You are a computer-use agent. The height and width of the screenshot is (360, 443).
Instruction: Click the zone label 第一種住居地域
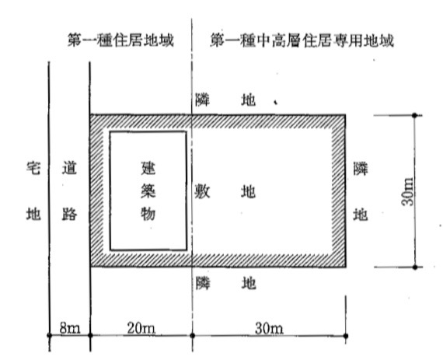pos(120,40)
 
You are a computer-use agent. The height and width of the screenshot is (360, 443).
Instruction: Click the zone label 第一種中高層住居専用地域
pos(302,40)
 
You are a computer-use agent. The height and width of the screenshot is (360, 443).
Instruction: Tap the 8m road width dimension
pos(70,328)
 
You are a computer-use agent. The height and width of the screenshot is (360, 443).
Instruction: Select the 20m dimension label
pos(141,328)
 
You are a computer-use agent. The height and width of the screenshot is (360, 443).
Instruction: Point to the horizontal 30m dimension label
pos(269,328)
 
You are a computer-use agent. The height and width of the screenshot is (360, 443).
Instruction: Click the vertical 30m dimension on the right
pos(407,191)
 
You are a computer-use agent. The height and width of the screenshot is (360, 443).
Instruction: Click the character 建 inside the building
pos(148,169)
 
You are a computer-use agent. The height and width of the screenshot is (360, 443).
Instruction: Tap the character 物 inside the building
pos(148,214)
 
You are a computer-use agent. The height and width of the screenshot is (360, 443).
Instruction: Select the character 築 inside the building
pos(148,191)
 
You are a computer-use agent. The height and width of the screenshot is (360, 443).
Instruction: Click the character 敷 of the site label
pos(202,192)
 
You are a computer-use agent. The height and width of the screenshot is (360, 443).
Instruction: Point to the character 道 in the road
pos(69,169)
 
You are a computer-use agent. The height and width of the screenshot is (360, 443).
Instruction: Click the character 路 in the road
pos(69,214)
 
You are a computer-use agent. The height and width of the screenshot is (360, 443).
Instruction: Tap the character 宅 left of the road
pos(33,169)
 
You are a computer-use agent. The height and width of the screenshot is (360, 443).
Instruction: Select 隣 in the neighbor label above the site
pos(203,100)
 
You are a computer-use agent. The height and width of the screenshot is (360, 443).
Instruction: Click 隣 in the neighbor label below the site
pos(203,283)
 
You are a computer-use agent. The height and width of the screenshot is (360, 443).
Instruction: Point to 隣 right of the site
pos(361,169)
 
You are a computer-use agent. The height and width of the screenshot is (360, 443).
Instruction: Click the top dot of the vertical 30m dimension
pos(415,115)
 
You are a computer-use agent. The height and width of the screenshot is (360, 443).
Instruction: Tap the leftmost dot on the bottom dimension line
pos(50,335)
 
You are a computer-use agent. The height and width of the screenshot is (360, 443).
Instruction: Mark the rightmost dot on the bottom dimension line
pos(346,336)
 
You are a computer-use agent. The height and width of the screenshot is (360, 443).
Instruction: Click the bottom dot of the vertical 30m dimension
pos(415,267)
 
